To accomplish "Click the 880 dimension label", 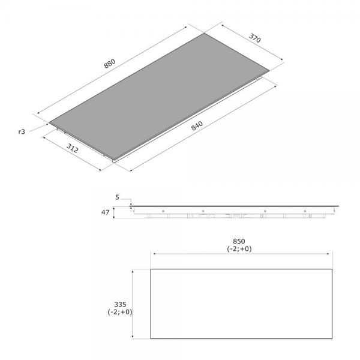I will click(109, 63).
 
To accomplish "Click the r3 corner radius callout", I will click(22, 130).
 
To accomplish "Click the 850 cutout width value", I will click(239, 240).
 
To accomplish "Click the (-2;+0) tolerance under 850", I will click(239, 248).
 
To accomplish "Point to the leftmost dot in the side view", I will click(163, 211).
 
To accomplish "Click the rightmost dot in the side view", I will click(305, 211).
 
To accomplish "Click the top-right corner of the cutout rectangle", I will click(331, 268).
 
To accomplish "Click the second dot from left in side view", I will click(203, 211).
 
